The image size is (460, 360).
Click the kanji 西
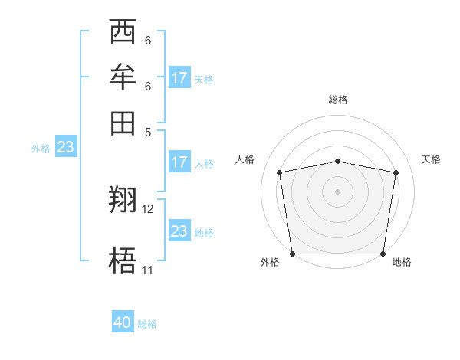[x=123, y=33]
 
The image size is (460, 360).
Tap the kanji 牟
[x=123, y=77]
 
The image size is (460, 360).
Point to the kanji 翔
[x=123, y=201]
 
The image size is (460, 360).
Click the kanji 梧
[x=123, y=261]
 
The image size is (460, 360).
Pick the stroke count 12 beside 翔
[x=148, y=208]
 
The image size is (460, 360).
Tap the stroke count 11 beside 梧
[x=147, y=270]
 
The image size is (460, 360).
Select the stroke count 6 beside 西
[x=147, y=41]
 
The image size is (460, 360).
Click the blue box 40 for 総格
[x=123, y=322]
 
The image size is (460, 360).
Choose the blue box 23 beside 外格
[x=65, y=147]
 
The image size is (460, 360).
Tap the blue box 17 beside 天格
[x=179, y=77]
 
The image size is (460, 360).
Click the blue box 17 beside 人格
[x=179, y=162]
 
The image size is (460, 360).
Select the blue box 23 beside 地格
[x=179, y=231]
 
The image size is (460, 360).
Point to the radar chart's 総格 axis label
[x=338, y=100]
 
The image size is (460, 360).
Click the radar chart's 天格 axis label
[x=432, y=159]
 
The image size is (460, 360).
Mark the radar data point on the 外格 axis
[x=292, y=254]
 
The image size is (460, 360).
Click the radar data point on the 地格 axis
[x=383, y=254]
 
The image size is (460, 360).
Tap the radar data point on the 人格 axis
[x=280, y=172]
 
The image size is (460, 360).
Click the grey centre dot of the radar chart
[x=338, y=191]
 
